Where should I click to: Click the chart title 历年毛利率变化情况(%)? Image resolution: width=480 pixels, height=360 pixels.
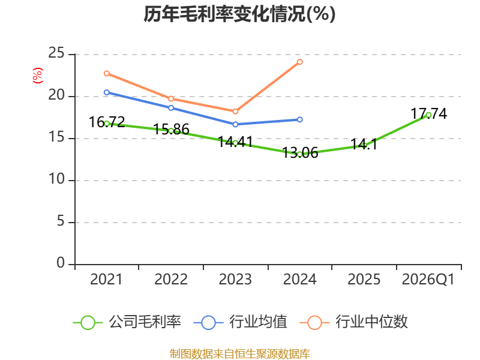(239, 14)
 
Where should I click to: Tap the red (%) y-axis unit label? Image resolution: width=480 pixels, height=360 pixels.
(38, 76)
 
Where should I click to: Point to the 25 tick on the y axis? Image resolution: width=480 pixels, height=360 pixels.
(56, 53)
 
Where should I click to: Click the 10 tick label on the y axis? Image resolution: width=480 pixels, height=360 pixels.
(57, 179)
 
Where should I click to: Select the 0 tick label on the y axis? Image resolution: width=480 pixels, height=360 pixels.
(61, 263)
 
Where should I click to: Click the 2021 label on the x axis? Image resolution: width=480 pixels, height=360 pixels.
(106, 280)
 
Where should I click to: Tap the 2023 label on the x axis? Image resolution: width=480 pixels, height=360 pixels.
(235, 280)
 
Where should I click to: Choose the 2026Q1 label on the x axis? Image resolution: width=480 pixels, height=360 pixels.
(428, 280)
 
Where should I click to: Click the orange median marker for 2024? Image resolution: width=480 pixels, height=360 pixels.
(299, 62)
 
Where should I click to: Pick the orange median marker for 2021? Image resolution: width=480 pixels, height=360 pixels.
(107, 73)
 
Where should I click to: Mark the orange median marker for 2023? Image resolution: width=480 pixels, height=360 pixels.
(235, 112)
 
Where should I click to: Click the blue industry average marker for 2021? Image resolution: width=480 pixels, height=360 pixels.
(107, 92)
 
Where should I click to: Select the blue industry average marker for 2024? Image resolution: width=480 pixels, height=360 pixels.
(299, 119)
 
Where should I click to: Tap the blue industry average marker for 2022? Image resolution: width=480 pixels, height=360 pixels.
(171, 108)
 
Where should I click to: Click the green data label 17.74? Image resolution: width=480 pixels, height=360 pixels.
(428, 114)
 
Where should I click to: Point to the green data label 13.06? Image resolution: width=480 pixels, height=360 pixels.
(300, 153)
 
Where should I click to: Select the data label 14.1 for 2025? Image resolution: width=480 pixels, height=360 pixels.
(364, 144)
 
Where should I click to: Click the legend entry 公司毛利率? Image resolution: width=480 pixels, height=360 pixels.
(127, 322)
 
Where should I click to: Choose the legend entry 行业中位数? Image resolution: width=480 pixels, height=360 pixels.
(354, 322)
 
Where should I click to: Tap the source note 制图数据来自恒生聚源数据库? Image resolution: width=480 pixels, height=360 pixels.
(239, 354)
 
